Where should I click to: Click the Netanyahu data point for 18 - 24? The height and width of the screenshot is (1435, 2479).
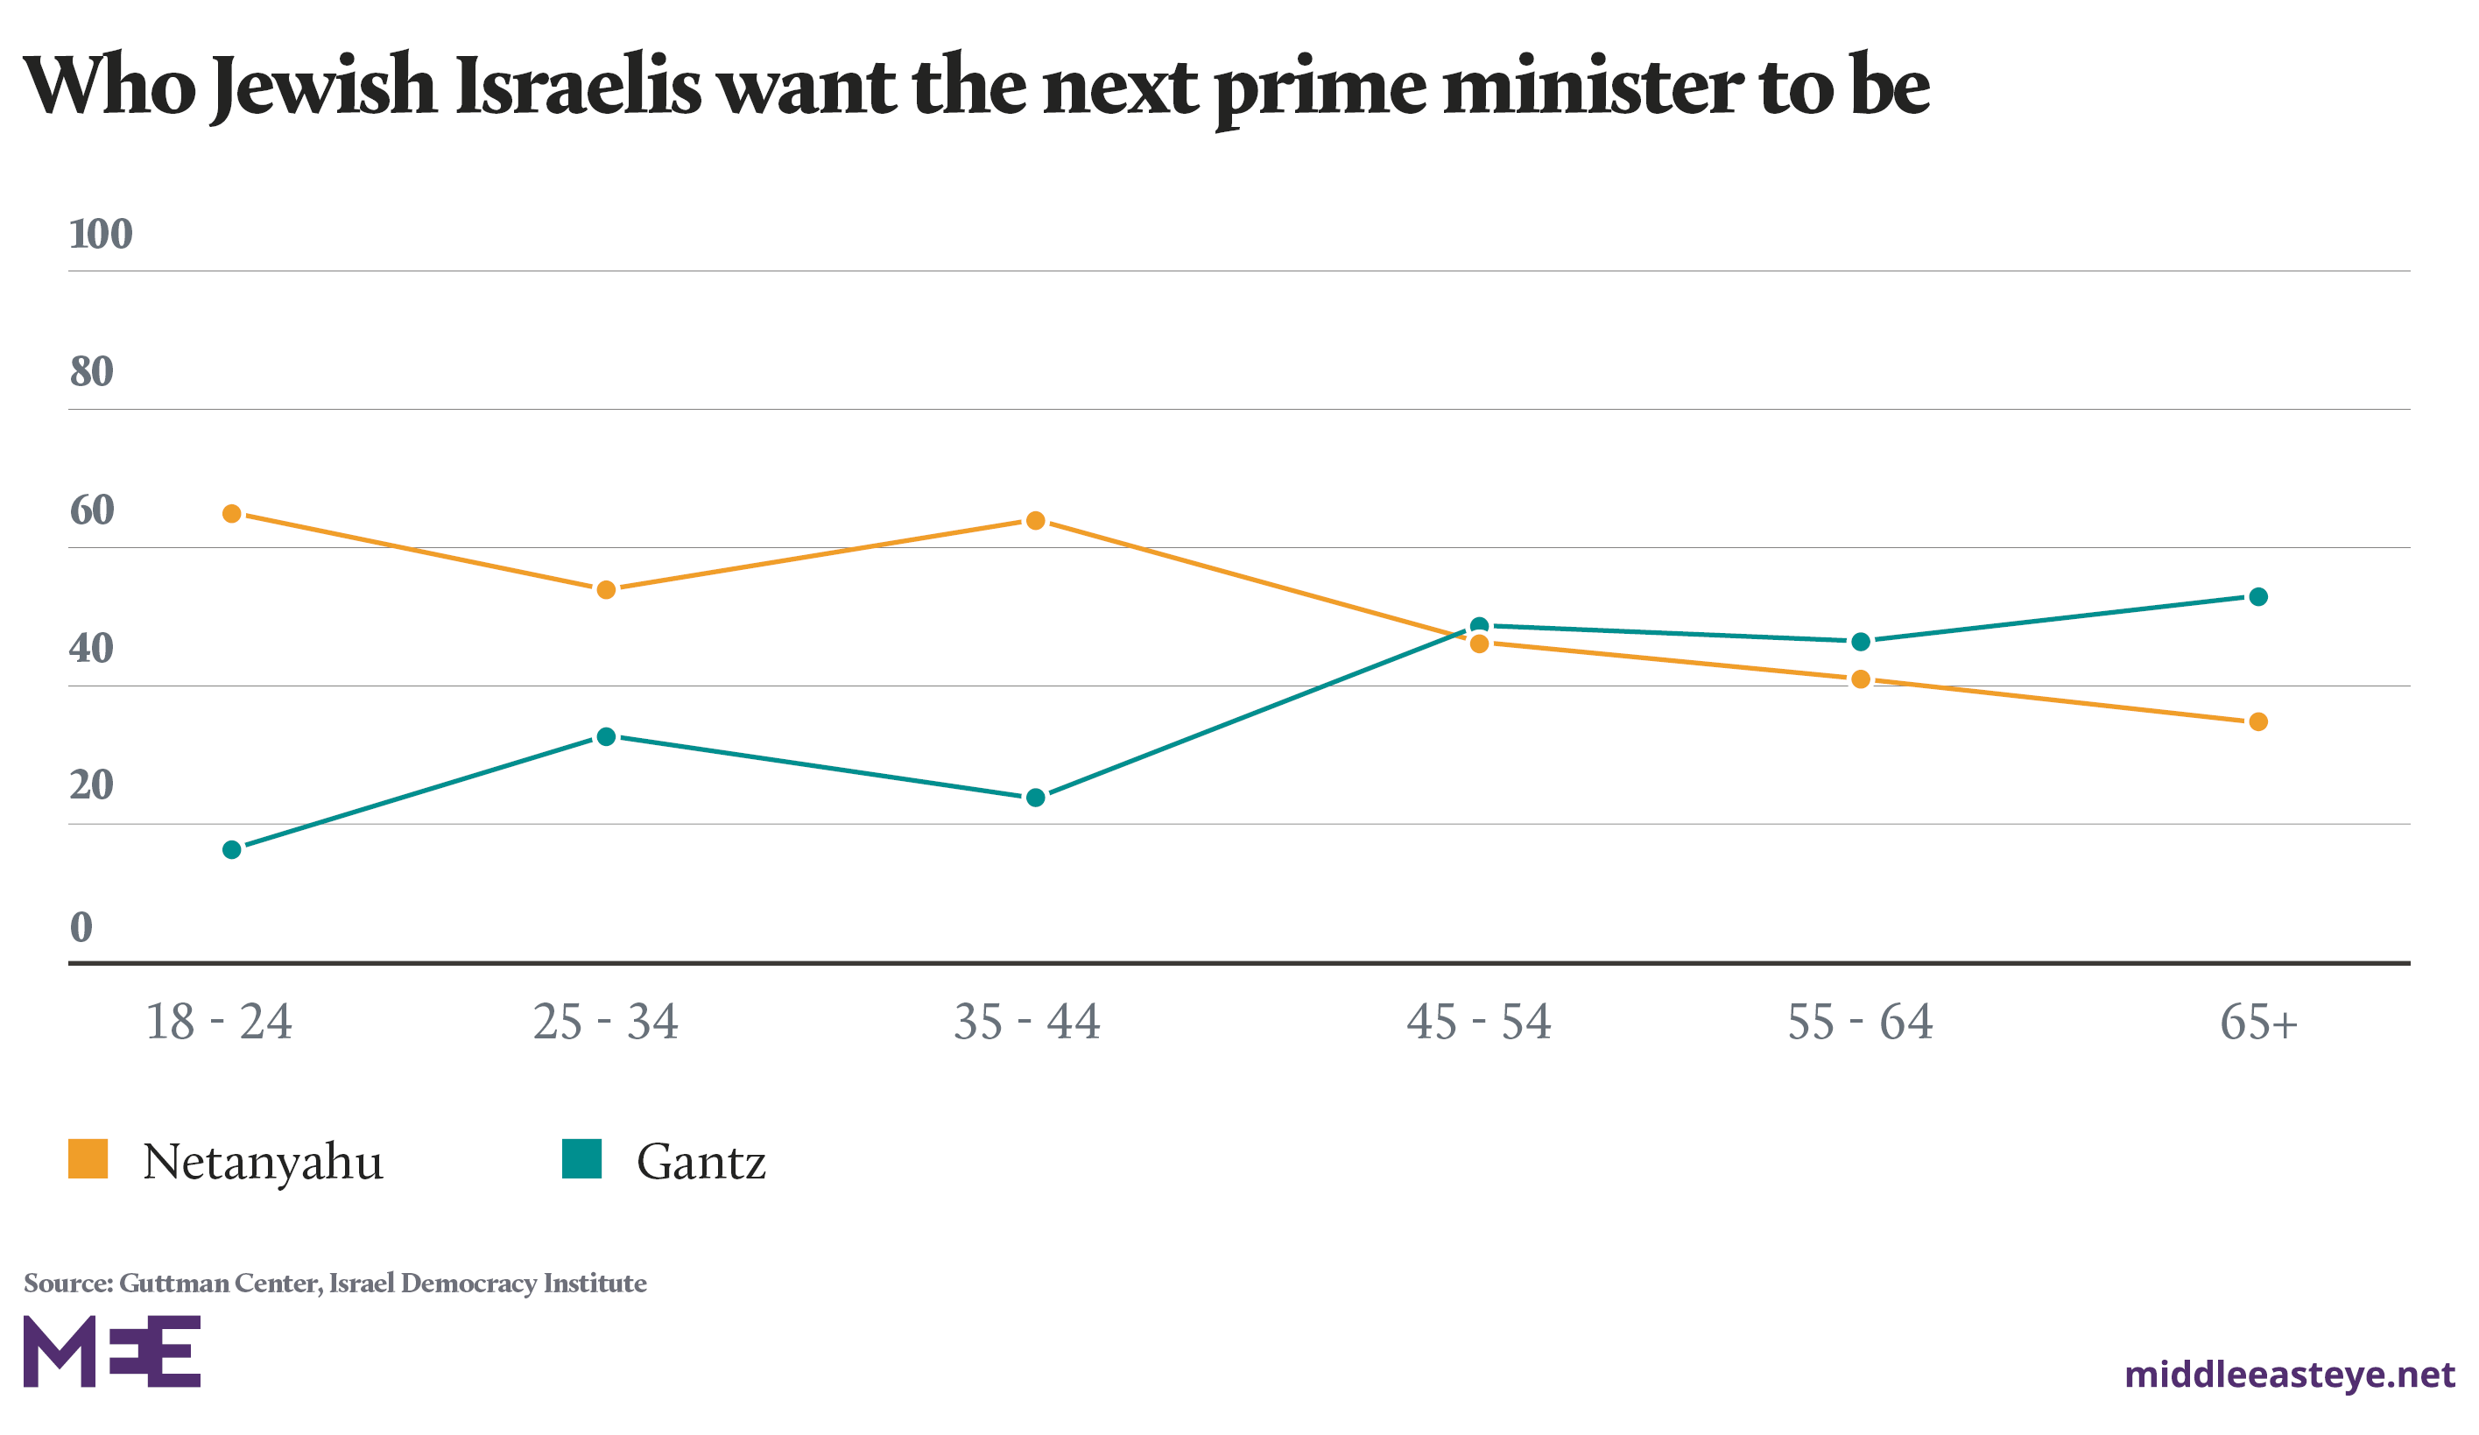click(x=232, y=513)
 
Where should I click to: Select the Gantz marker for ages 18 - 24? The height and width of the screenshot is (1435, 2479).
click(x=232, y=850)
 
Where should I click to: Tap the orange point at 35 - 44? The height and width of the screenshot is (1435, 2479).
click(x=1036, y=520)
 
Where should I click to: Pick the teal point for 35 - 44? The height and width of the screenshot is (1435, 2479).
click(x=1036, y=798)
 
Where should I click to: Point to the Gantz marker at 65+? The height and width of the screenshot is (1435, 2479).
click(x=2258, y=597)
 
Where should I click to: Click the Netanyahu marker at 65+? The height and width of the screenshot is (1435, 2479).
click(x=2258, y=722)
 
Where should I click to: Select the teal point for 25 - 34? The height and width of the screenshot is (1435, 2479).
click(x=607, y=736)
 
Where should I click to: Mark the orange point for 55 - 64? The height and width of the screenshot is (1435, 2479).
click(x=1860, y=679)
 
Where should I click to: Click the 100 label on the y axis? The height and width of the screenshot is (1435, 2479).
click(x=101, y=234)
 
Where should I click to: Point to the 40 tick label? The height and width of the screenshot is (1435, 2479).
click(x=91, y=648)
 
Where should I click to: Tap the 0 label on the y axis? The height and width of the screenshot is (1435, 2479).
click(x=81, y=926)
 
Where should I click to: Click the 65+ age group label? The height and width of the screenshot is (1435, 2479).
click(x=2258, y=1023)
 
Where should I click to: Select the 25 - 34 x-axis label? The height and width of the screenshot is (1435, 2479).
click(x=606, y=1023)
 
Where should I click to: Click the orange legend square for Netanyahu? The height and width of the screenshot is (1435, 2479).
click(x=88, y=1158)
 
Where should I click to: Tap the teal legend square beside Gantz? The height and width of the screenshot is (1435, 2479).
click(x=581, y=1158)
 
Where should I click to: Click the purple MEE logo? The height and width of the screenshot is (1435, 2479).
click(x=112, y=1352)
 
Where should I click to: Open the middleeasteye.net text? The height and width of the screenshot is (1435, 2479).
click(x=2289, y=1374)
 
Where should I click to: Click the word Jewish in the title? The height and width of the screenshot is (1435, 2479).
click(x=324, y=87)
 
